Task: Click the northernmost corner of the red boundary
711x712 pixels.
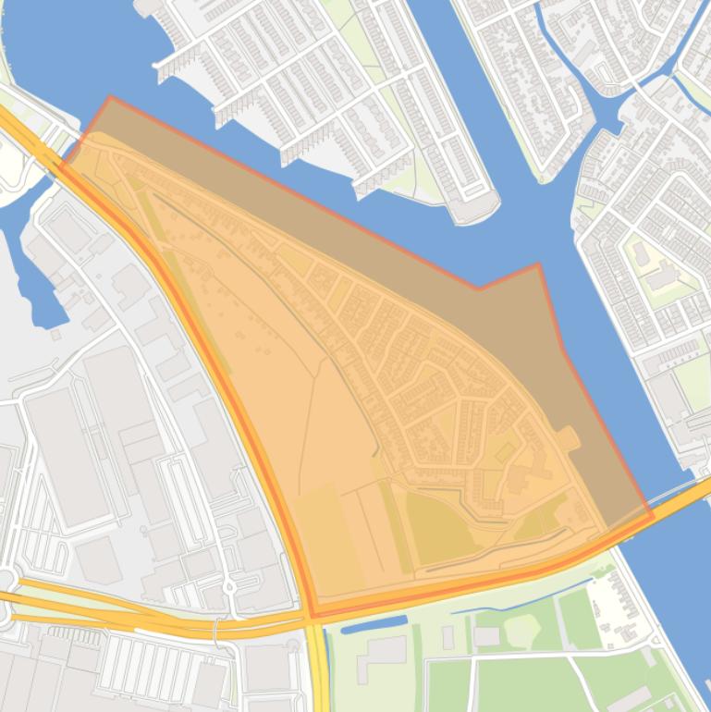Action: (x=110, y=96)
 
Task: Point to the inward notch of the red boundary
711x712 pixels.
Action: (x=478, y=288)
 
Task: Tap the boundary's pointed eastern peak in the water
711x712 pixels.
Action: (x=538, y=264)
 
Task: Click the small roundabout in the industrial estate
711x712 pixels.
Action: (x=227, y=586)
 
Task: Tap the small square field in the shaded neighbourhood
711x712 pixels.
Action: (x=505, y=452)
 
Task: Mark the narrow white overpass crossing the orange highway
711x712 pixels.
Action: (x=215, y=629)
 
